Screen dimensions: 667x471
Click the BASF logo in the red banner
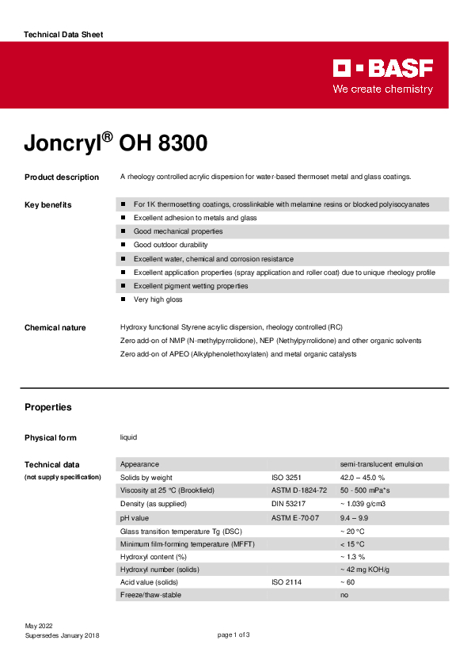click(382, 69)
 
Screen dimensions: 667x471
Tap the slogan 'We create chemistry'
click(382, 90)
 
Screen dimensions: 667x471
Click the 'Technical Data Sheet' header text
click(63, 35)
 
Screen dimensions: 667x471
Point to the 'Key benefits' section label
click(47, 205)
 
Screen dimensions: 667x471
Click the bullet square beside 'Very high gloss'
click(123, 299)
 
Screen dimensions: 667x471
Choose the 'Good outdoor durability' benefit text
click(170, 245)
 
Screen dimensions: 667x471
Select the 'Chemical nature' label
click(55, 328)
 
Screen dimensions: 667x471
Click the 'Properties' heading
click(47, 407)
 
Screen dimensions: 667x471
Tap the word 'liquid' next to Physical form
click(129, 438)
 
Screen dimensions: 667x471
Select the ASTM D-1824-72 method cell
click(299, 491)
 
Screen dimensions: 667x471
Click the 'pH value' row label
click(134, 517)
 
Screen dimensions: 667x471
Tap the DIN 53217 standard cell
click(289, 504)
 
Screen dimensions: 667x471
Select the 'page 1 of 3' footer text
click(234, 635)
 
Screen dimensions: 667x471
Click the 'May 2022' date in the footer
click(39, 626)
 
